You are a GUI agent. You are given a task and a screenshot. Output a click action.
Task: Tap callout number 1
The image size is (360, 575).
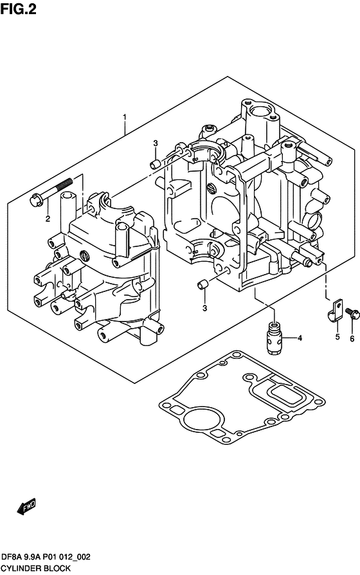point(125,117)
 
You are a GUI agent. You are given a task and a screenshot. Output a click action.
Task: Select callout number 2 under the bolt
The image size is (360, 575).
point(48,219)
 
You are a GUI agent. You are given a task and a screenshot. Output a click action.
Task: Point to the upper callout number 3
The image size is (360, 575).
point(156,143)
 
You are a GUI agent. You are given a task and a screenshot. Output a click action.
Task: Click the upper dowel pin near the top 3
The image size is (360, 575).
point(155,163)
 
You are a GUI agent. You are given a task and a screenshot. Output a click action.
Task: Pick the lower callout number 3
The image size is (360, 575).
point(204,308)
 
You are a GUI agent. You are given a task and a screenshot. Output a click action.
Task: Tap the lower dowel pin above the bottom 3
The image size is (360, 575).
point(203,284)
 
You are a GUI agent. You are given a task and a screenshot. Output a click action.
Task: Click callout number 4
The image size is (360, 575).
point(300,338)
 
